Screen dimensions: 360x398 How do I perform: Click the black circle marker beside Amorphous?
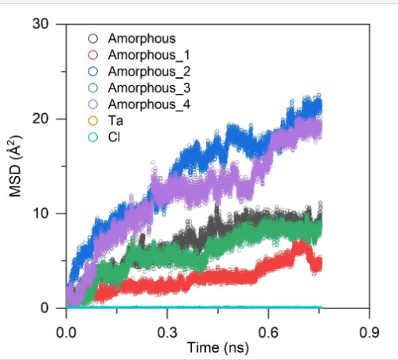click(x=93, y=38)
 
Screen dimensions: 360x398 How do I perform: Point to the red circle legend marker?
click(x=93, y=54)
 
